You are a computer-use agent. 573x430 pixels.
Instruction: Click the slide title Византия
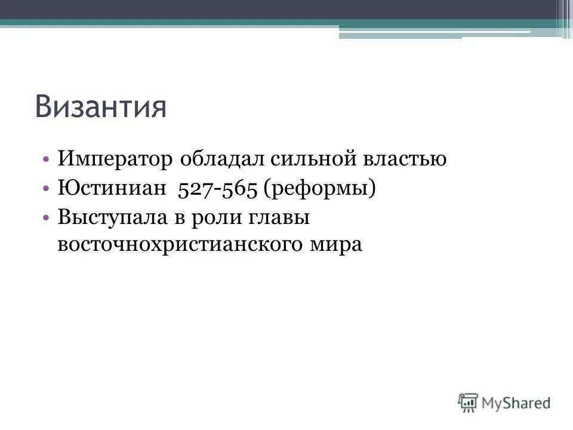(100, 107)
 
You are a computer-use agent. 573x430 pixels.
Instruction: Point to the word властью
(406, 160)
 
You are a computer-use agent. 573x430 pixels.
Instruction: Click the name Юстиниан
(110, 189)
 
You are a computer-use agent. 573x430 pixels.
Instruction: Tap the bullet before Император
(47, 160)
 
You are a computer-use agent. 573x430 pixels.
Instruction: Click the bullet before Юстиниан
(47, 189)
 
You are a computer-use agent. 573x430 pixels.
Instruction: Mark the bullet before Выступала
(47, 218)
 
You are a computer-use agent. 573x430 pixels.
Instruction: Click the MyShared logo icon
(468, 402)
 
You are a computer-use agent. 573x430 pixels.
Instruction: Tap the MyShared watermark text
(517, 403)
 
